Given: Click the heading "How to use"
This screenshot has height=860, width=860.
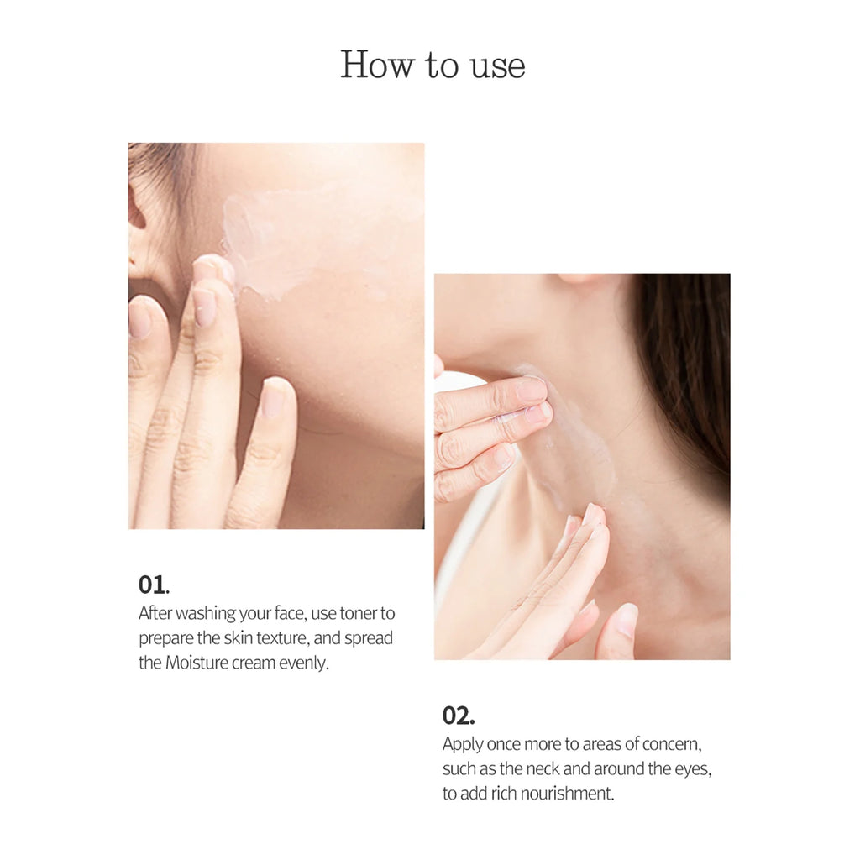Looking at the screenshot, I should tap(433, 66).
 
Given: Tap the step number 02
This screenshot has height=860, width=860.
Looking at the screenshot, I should tap(458, 716).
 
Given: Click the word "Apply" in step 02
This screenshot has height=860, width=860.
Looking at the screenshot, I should tap(463, 745).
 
